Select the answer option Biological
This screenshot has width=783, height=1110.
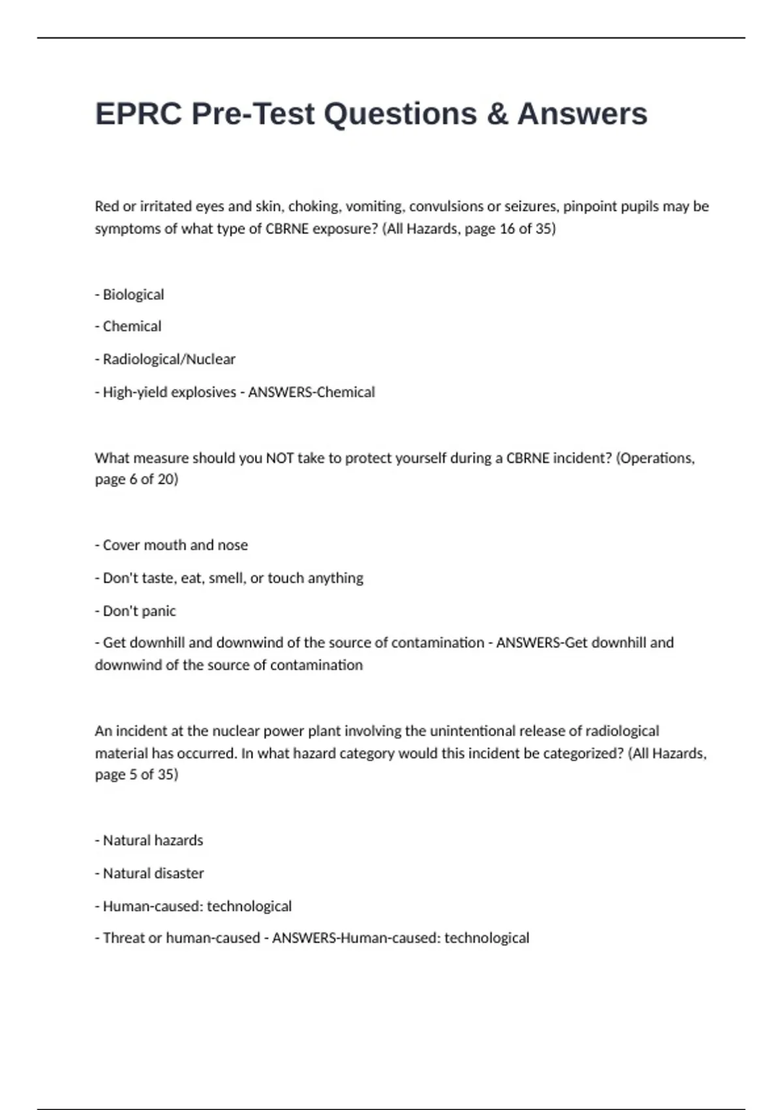point(133,294)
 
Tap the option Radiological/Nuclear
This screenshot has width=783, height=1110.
point(169,359)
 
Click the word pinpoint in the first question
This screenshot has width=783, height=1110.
point(587,206)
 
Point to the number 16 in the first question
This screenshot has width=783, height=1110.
point(507,229)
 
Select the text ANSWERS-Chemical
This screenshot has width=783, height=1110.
point(311,392)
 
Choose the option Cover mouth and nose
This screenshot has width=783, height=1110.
point(175,545)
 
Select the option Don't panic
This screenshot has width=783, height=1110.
point(139,611)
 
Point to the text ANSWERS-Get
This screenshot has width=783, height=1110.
point(529,642)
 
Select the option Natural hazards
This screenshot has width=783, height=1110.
point(153,840)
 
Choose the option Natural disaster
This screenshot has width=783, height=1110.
point(153,874)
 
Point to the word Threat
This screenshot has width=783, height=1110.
point(123,938)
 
